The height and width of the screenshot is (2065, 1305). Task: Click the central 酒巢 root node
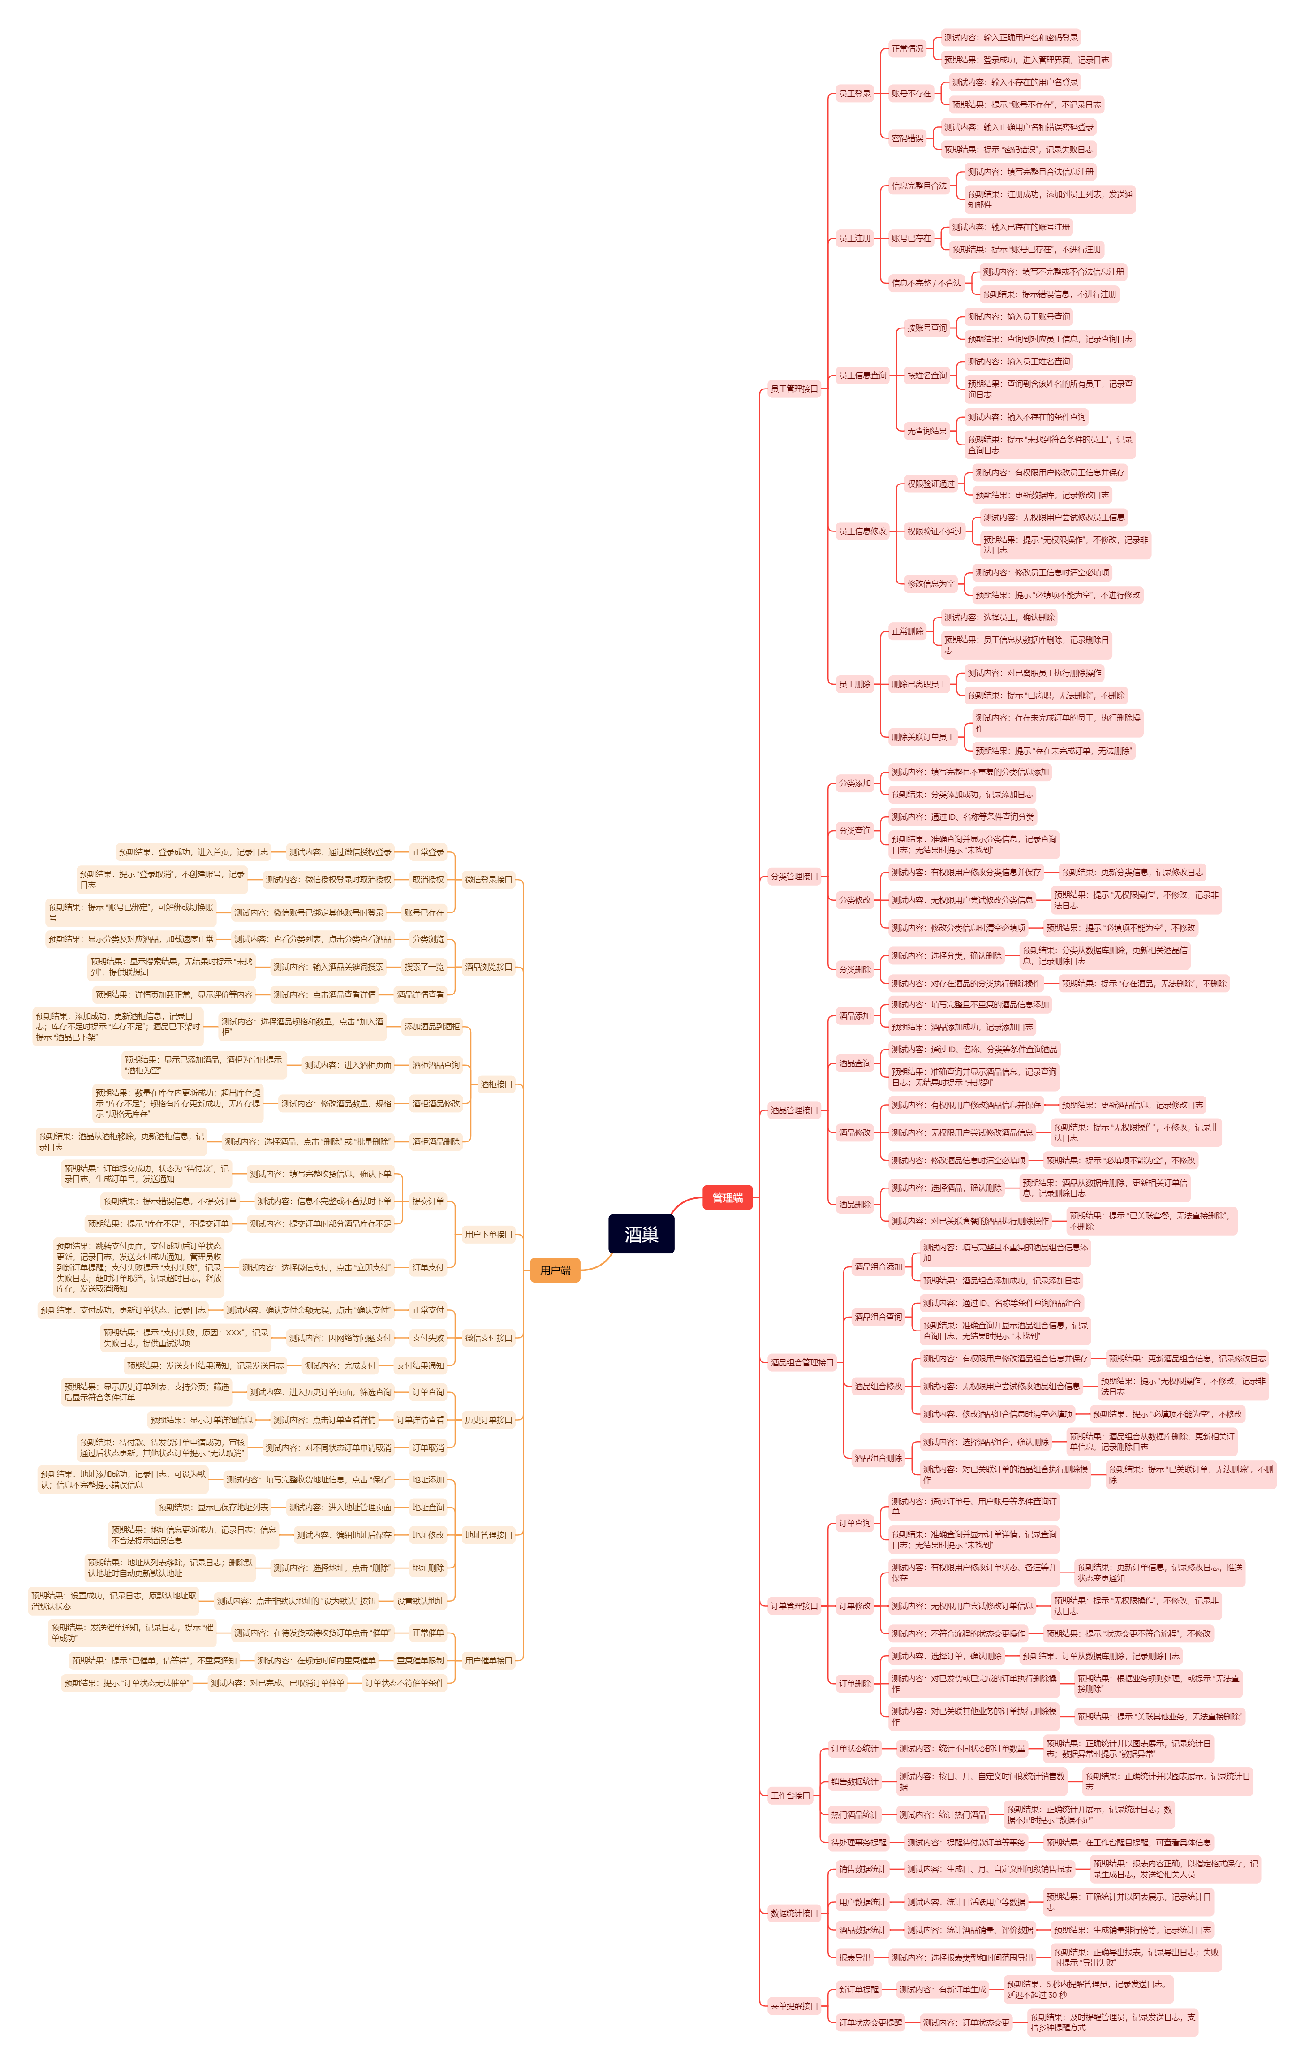(642, 1234)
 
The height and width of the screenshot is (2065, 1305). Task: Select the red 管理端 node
(727, 1198)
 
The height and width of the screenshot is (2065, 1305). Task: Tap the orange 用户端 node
(555, 1270)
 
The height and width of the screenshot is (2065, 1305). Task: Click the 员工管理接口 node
(794, 389)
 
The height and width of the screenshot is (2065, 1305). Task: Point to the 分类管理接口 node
(794, 877)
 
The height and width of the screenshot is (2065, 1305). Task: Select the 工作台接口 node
(790, 1795)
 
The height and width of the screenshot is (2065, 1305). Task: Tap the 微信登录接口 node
(488, 879)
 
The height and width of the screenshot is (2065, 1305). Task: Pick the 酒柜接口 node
(495, 1084)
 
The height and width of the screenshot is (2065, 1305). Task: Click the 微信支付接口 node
(488, 1338)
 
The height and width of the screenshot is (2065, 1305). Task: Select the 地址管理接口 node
(488, 1535)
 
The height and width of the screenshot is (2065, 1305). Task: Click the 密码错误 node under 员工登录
(907, 138)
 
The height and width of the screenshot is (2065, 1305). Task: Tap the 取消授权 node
(428, 879)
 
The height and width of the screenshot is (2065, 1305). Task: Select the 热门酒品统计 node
(854, 1814)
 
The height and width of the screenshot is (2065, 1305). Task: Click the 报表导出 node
(854, 1958)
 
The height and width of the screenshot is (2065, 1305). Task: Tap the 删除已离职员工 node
(918, 684)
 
